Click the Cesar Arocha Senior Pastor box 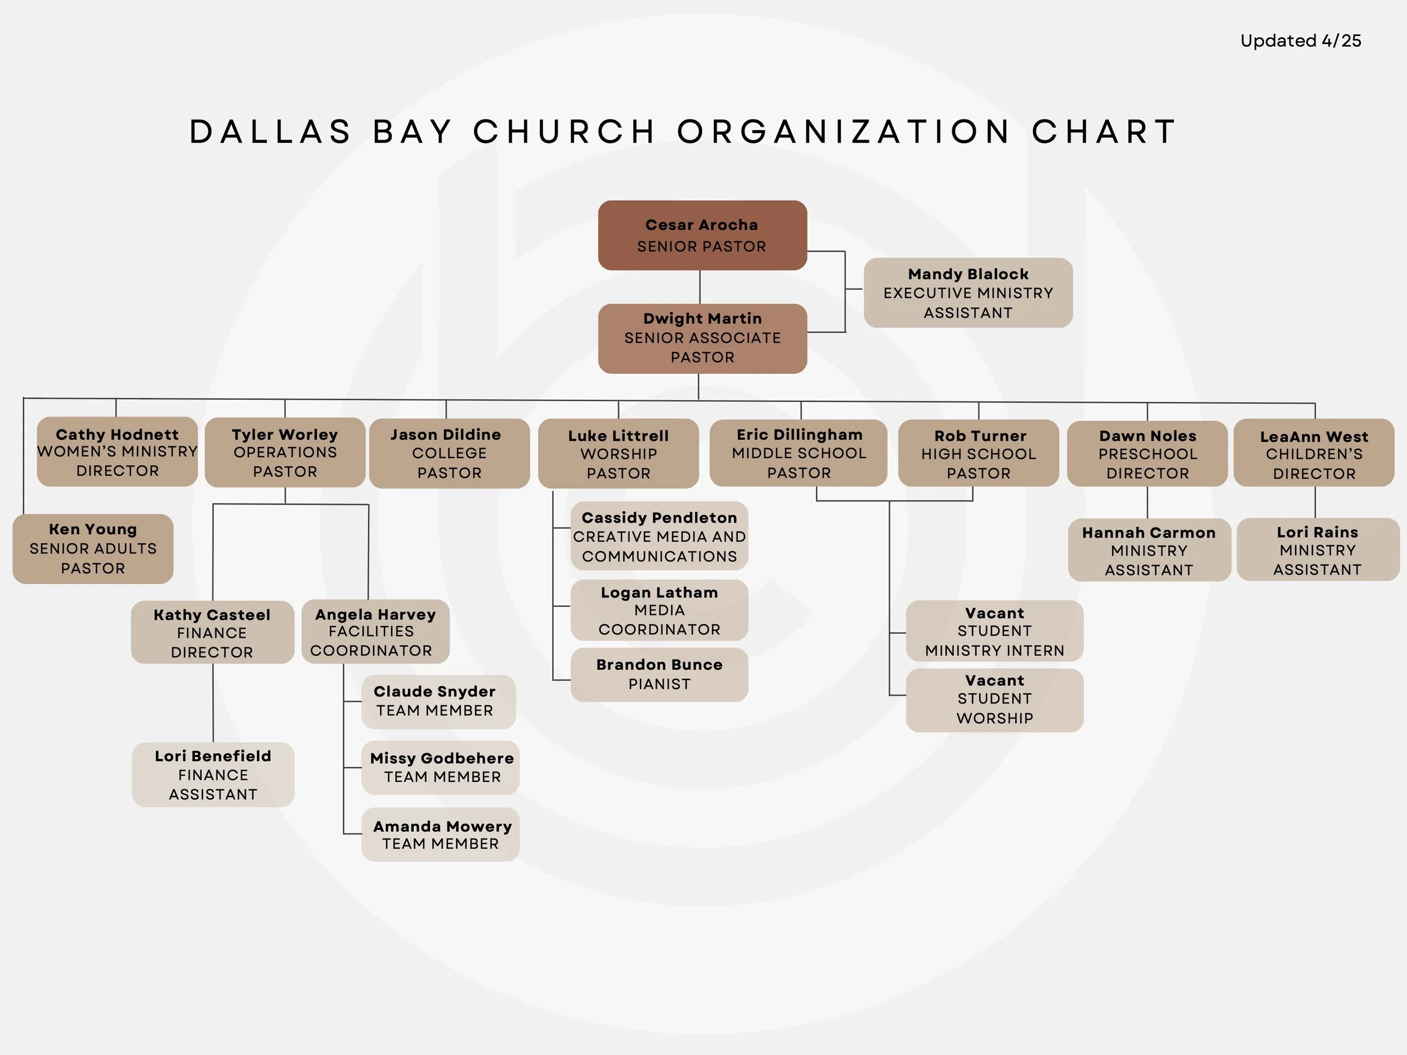point(702,235)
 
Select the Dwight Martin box point(702,338)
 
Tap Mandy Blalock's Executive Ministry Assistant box point(967,293)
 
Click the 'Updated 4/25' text point(1300,41)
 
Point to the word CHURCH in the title point(563,132)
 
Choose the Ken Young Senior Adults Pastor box point(93,548)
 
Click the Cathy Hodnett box point(117,451)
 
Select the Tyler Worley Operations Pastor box point(285,453)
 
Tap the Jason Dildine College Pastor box point(449,453)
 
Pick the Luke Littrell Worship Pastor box point(619,454)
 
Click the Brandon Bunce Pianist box point(659,674)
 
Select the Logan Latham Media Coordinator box point(659,610)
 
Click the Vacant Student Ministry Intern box point(994,631)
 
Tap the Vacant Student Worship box point(994,699)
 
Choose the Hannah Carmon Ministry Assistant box point(1149,551)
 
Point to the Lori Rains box point(1318,550)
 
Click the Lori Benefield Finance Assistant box point(213,775)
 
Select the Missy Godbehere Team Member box point(441,767)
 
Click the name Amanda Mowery point(442,826)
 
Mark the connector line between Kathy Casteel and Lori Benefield point(213,703)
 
